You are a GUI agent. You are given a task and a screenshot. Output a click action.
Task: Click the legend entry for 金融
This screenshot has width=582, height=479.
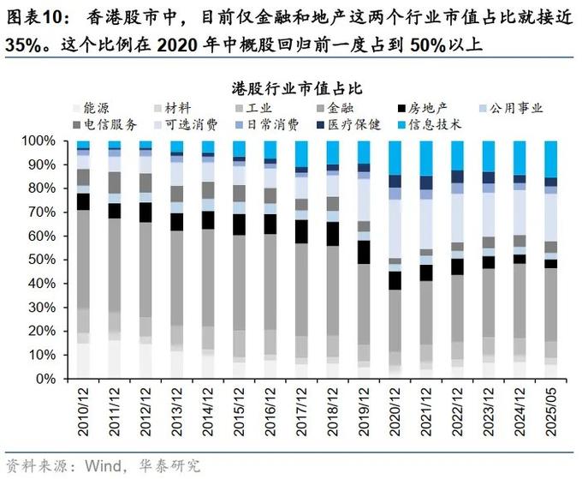pos(344,109)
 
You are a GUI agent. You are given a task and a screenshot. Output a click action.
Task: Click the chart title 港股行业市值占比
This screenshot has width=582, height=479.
pos(291,88)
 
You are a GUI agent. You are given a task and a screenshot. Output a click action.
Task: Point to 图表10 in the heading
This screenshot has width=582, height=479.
pos(32,15)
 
